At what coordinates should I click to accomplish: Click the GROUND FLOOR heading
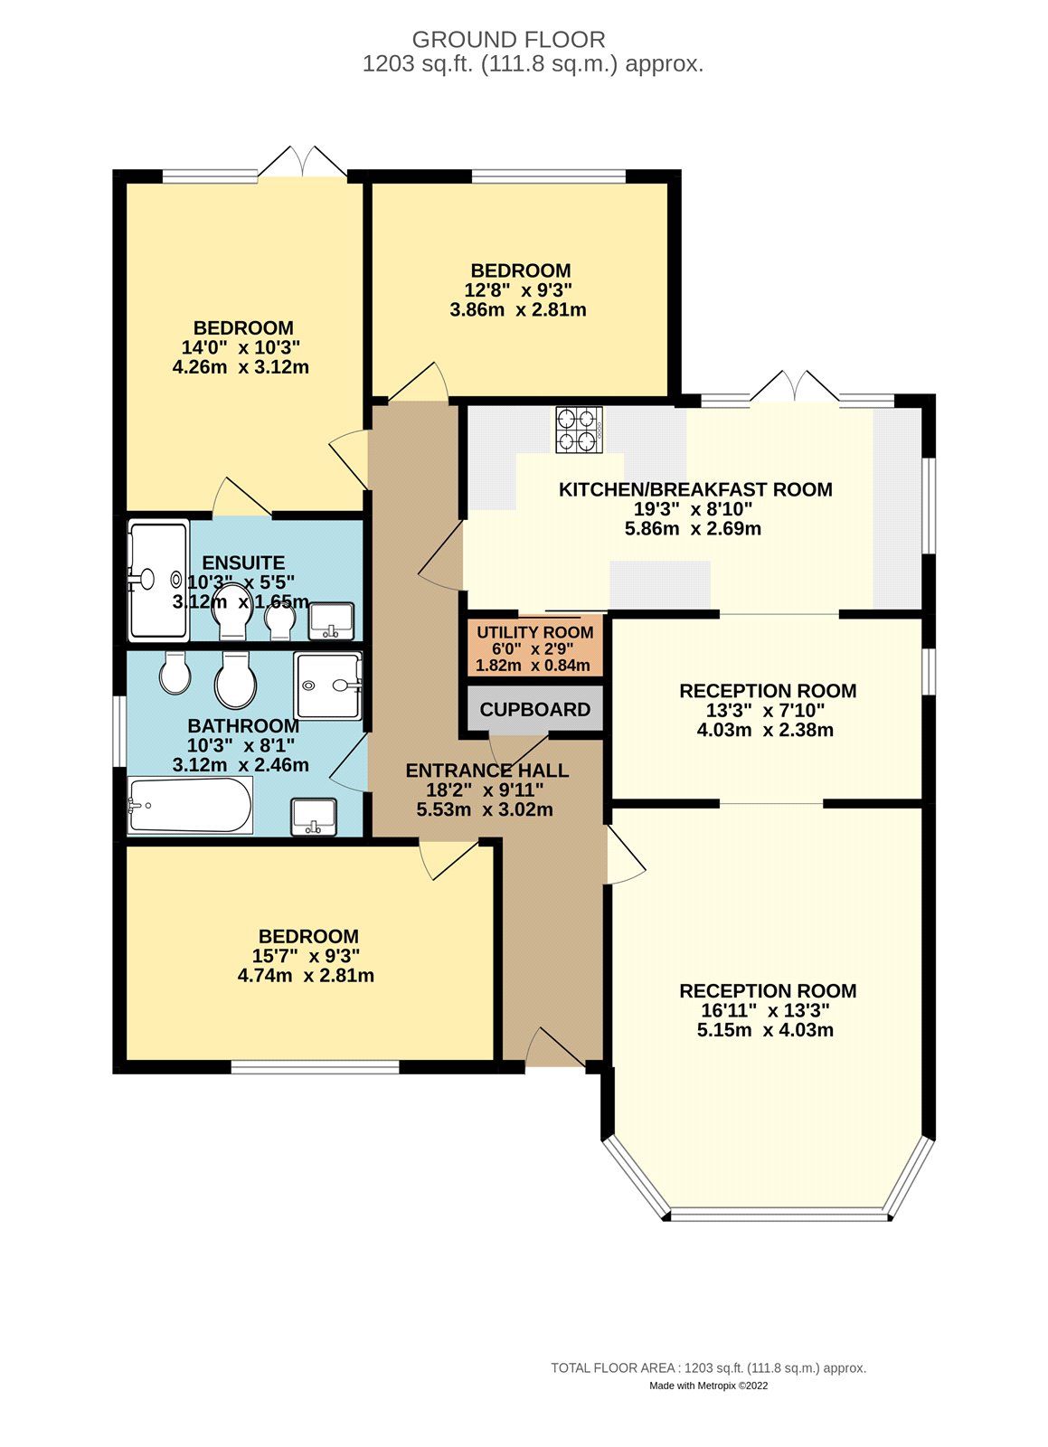508,40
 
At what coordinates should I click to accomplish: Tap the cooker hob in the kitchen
579,430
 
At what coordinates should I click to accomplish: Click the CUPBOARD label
534,710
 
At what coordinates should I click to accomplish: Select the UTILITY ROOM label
534,633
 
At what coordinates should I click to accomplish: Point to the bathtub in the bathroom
191,805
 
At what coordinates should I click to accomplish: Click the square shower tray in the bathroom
327,685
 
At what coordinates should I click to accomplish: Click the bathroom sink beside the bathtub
314,816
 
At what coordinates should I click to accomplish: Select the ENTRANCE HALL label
486,771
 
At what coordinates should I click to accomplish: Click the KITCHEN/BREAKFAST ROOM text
695,490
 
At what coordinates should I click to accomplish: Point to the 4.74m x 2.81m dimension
306,976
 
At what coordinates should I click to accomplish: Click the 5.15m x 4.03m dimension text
765,1030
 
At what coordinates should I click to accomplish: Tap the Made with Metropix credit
708,1386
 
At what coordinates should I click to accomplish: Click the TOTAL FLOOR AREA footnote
708,1368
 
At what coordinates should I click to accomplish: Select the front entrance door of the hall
554,1049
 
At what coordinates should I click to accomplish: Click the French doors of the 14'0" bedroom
303,163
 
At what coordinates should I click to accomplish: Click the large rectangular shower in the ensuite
157,578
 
